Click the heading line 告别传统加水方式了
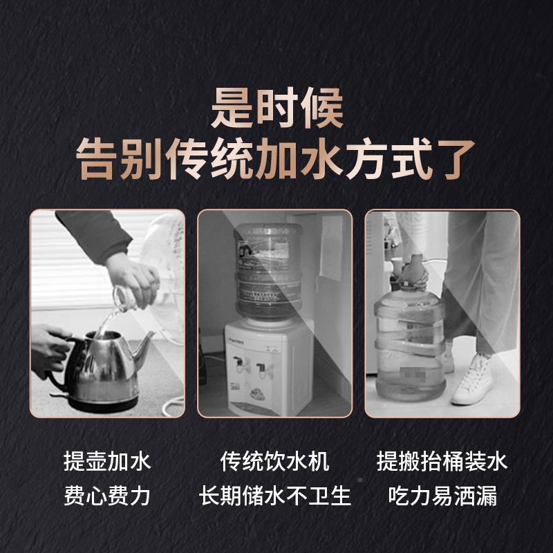pyautogui.click(x=276, y=158)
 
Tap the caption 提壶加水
pyautogui.click(x=107, y=461)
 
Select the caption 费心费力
pyautogui.click(x=107, y=496)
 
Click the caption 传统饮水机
pyautogui.click(x=275, y=461)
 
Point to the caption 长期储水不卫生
pyautogui.click(x=275, y=496)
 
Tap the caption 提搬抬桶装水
pyautogui.click(x=442, y=461)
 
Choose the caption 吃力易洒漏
pyautogui.click(x=442, y=496)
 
